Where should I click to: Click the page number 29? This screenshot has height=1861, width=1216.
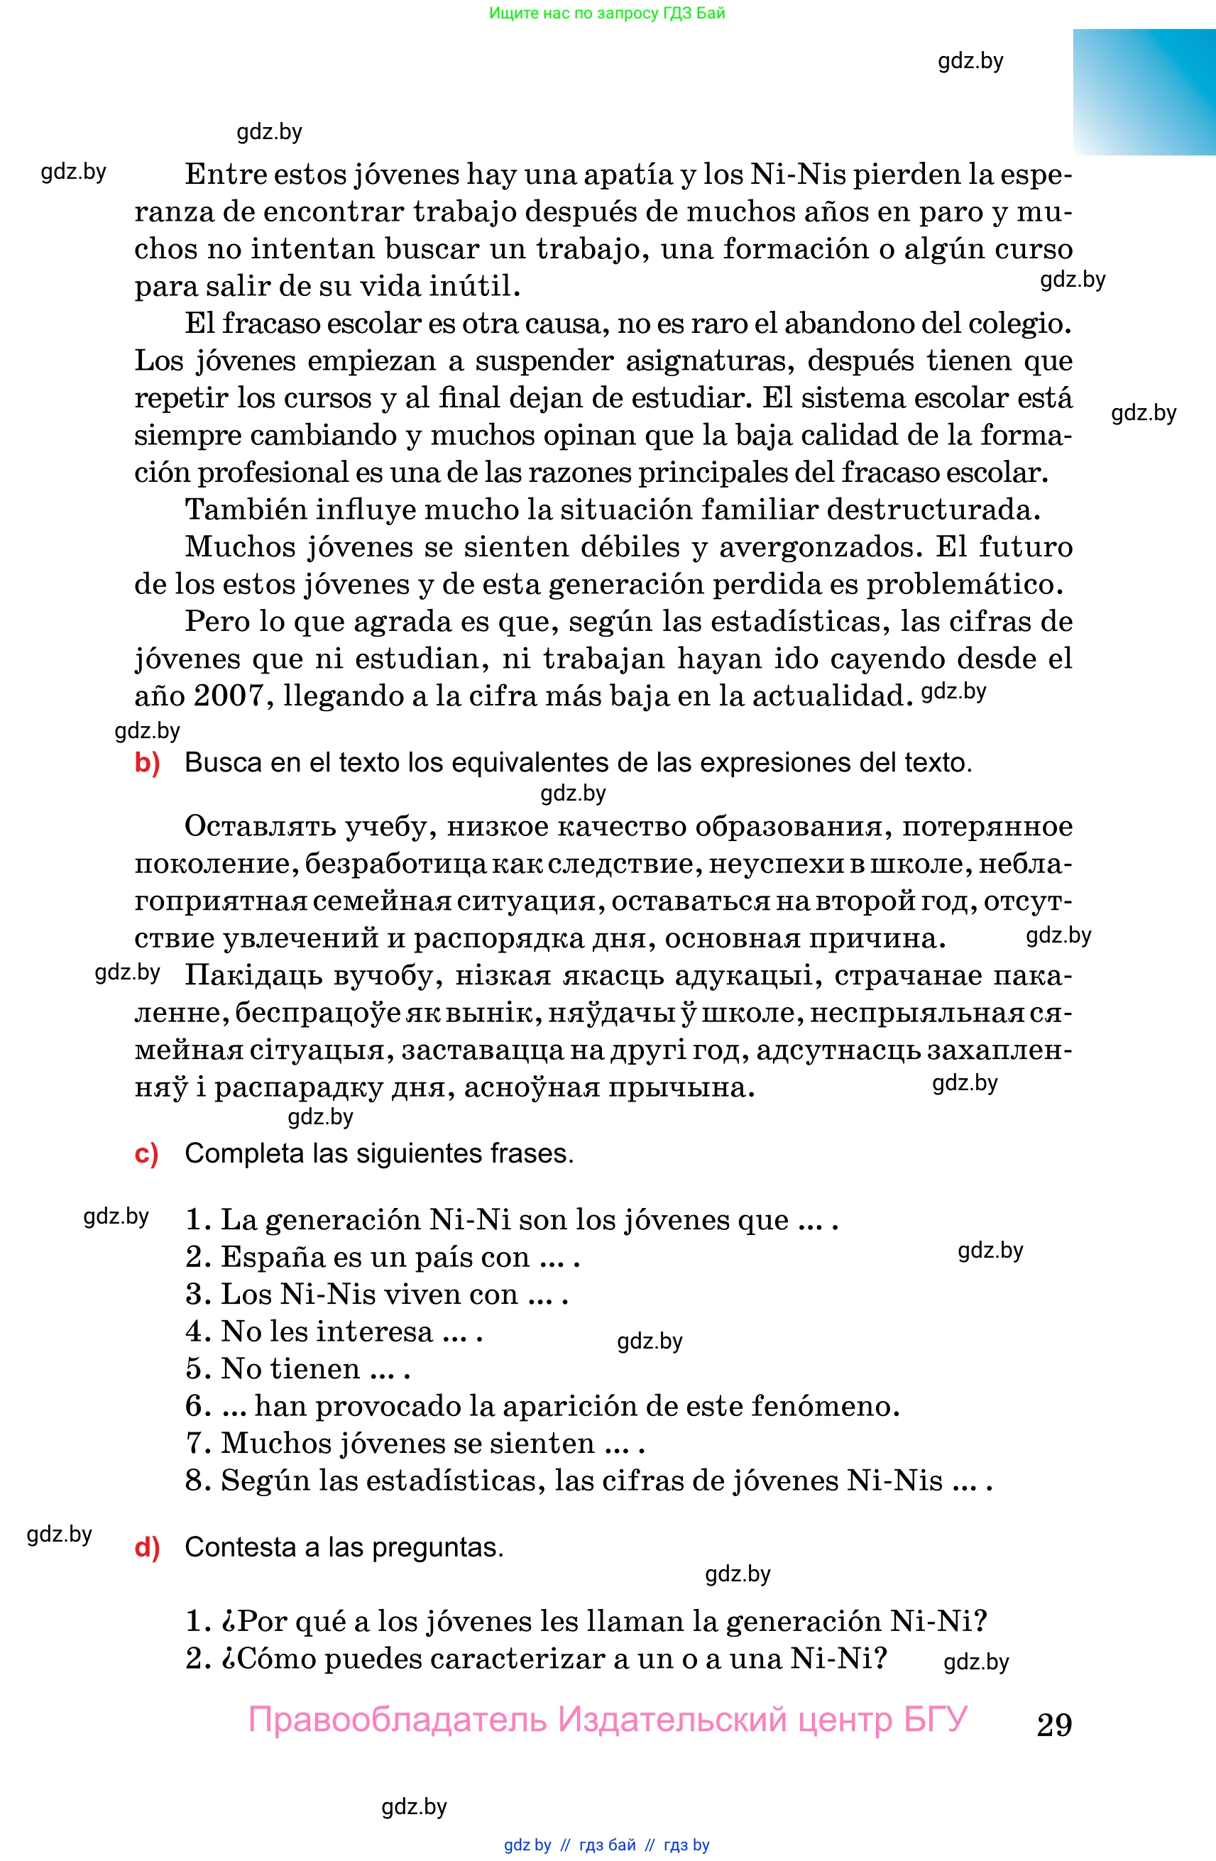1054,1724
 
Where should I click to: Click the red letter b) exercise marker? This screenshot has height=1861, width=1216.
147,762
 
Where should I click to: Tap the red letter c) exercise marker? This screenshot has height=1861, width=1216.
146,1153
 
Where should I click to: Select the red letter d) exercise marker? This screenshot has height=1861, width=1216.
147,1547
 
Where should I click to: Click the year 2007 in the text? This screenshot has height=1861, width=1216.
229,695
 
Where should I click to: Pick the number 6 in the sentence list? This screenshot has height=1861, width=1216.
194,1405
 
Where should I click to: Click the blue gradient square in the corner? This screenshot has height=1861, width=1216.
1144,92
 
